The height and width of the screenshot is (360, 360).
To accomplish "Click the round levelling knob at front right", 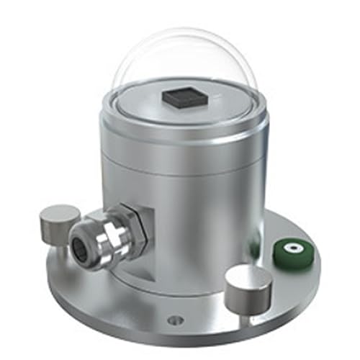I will point(247,284).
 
